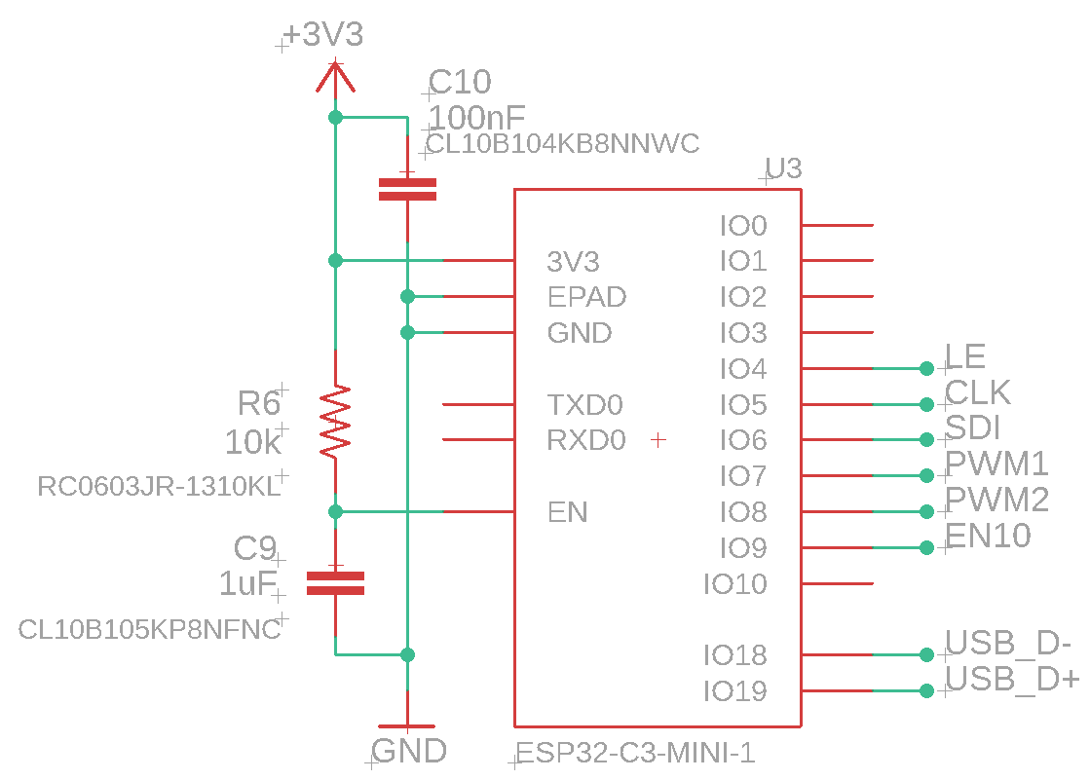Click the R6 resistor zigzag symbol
click(x=335, y=423)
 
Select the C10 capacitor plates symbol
click(x=407, y=189)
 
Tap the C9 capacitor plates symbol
click(x=335, y=583)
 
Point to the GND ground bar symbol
click(x=407, y=726)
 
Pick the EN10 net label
click(x=988, y=536)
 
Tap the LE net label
click(x=965, y=356)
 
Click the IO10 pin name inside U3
click(x=734, y=584)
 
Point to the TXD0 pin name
click(x=584, y=404)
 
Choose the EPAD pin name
click(x=586, y=297)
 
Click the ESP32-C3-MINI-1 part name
click(x=635, y=753)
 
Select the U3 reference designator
click(x=784, y=169)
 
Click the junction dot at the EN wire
click(x=335, y=511)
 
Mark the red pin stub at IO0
click(x=837, y=226)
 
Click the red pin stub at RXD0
click(x=478, y=440)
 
